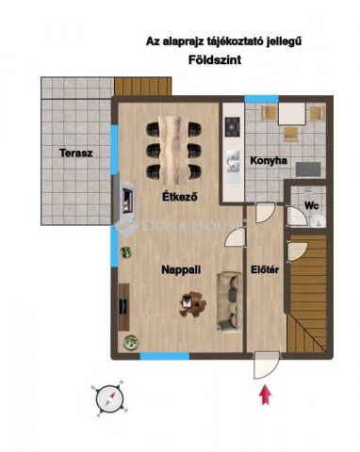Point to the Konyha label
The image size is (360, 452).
[x=268, y=161]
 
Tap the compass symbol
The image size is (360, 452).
[x=110, y=399]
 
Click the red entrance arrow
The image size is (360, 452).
[x=266, y=395]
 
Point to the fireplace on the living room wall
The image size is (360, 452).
[x=124, y=200]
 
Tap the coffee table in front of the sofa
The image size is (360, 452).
[x=195, y=303]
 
